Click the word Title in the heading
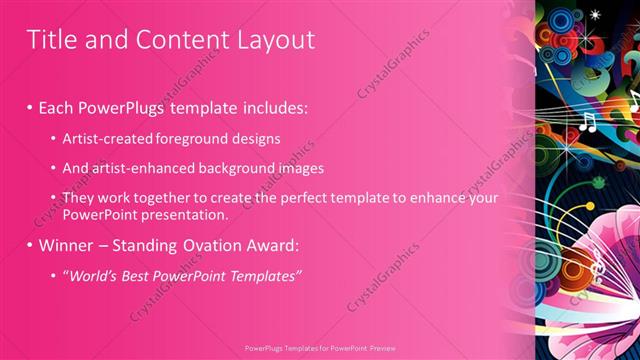click(x=51, y=40)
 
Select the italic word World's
click(x=92, y=274)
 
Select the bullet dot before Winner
click(x=30, y=244)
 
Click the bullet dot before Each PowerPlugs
click(x=30, y=106)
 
